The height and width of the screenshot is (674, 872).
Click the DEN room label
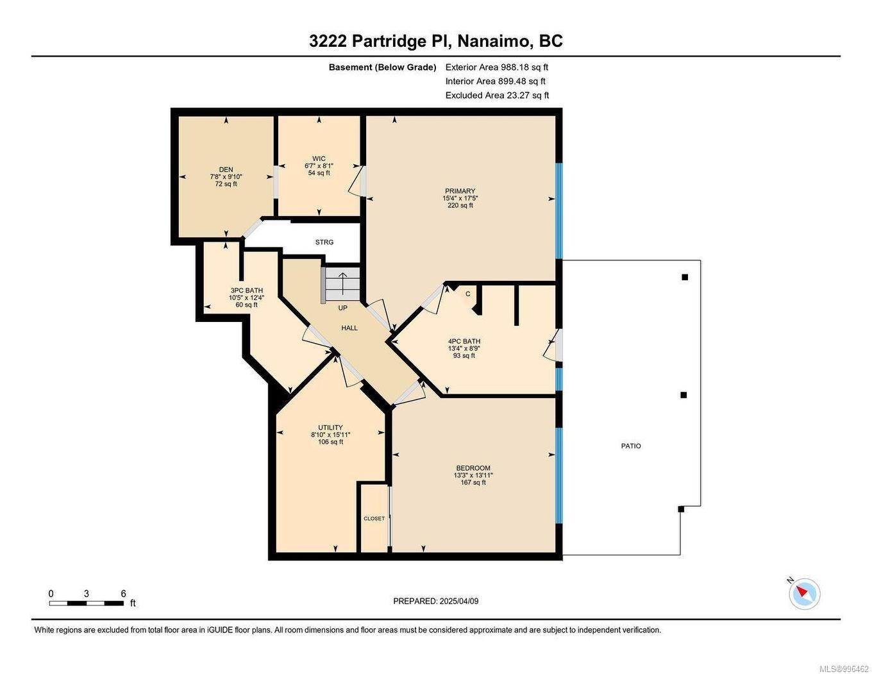coord(226,170)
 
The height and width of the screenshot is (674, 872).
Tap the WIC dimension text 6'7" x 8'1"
coord(319,166)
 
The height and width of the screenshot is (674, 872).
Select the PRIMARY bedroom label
coord(460,191)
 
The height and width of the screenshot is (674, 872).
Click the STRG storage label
coord(324,242)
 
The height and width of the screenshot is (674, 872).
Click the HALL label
coord(349,328)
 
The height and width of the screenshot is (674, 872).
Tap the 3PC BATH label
coord(246,291)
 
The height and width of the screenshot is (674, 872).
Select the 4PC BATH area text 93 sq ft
coord(464,356)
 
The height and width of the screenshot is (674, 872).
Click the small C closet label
coord(468,294)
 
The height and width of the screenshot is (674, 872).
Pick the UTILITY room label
coord(330,428)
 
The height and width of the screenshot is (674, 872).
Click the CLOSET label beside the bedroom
coord(374,519)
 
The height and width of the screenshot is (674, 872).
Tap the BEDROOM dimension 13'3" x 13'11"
coord(473,475)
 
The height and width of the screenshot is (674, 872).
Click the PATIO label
coord(630,446)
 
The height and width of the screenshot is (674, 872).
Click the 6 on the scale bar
coord(123,594)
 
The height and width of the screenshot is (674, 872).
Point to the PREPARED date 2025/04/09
coord(458,602)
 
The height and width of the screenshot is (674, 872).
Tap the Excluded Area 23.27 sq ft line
coord(497,96)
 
